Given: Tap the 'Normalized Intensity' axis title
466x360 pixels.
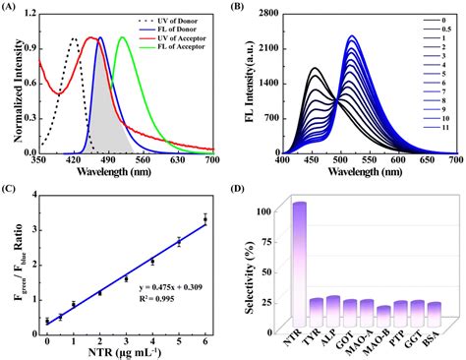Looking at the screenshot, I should tap(13, 84).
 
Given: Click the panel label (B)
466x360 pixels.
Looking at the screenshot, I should tap(249, 9).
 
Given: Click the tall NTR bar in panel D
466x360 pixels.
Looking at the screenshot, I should tap(298, 246).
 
